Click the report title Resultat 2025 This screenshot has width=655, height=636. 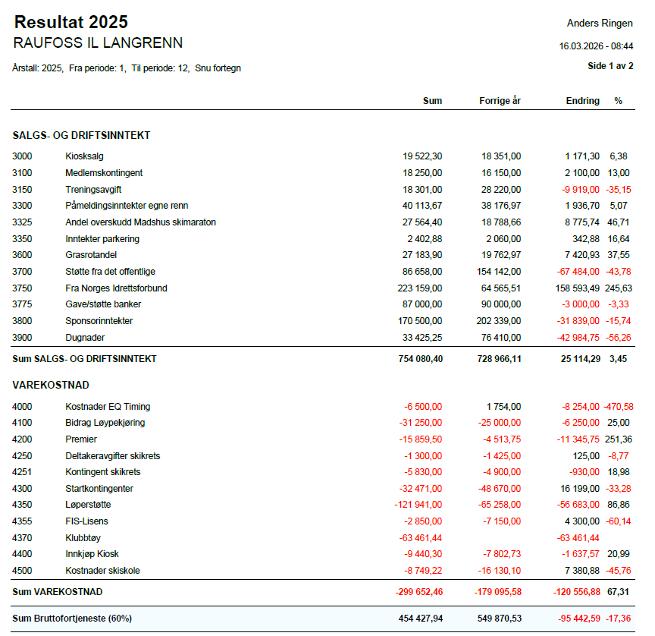tap(71, 23)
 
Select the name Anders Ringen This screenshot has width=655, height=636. tap(600, 24)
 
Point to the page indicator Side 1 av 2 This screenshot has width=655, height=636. tap(610, 66)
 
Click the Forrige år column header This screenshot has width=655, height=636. tap(500, 101)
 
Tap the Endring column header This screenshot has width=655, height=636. tap(582, 101)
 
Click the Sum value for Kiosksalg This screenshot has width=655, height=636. tap(422, 156)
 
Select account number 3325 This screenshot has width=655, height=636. tap(22, 222)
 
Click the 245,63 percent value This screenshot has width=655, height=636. tap(619, 288)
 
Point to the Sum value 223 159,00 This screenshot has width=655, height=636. tap(419, 288)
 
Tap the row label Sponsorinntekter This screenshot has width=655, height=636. tap(99, 321)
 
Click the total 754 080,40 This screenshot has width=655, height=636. tap(419, 358)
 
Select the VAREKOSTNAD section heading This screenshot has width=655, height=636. tap(51, 386)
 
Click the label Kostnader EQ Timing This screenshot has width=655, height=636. tap(108, 407)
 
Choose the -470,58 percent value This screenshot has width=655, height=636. tap(618, 407)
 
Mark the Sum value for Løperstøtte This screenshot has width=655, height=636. tap(418, 505)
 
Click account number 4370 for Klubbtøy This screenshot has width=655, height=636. tap(22, 537)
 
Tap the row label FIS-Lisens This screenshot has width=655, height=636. tap(86, 521)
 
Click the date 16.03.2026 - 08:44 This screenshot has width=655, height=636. tap(596, 46)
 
